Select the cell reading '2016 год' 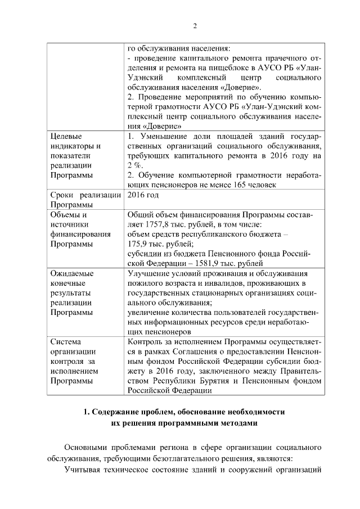[x=143, y=195]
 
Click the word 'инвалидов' [x=215, y=283]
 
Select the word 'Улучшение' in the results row [x=148, y=274]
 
